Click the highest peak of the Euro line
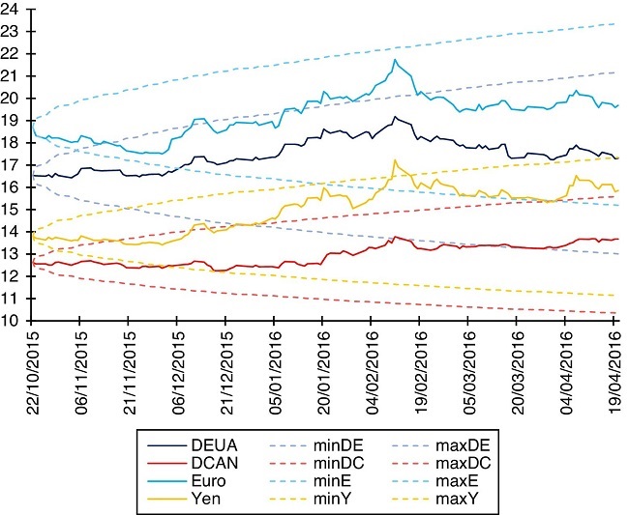[x=395, y=60]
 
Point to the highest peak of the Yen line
[x=395, y=160]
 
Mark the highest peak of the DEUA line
[x=395, y=117]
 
